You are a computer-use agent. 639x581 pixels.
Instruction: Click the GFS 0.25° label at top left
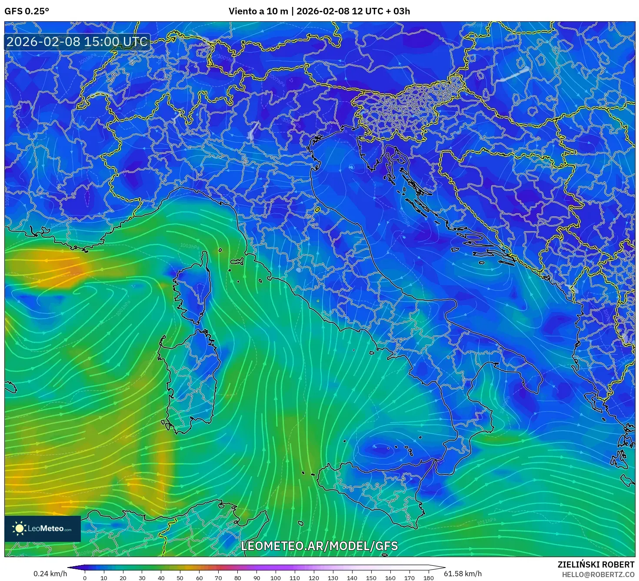pyautogui.click(x=27, y=11)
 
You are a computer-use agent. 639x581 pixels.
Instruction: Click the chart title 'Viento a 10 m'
pyautogui.click(x=258, y=11)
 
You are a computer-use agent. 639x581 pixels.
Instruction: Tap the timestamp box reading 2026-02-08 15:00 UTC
pyautogui.click(x=77, y=42)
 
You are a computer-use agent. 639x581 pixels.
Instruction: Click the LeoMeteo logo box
pyautogui.click(x=43, y=528)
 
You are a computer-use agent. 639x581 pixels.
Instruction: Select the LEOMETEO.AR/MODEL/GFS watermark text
pyautogui.click(x=319, y=546)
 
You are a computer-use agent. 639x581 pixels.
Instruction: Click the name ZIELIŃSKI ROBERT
pyautogui.click(x=596, y=564)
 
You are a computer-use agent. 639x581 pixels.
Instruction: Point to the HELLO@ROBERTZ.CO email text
pyautogui.click(x=598, y=574)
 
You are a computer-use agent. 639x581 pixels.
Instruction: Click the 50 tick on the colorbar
pyautogui.click(x=180, y=578)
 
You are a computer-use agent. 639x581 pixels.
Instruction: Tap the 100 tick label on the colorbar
pyautogui.click(x=276, y=578)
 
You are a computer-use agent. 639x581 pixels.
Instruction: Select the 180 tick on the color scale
pyautogui.click(x=429, y=578)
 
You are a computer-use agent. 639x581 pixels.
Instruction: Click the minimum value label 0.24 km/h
pyautogui.click(x=50, y=574)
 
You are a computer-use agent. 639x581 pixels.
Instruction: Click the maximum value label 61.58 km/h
pyautogui.click(x=463, y=574)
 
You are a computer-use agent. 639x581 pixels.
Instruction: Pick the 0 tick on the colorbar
pyautogui.click(x=85, y=578)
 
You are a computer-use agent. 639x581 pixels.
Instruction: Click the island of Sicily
pyautogui.click(x=374, y=491)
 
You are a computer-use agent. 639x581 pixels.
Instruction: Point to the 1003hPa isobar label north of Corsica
pyautogui.click(x=190, y=246)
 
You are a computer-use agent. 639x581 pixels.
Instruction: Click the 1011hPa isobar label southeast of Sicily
pyautogui.click(x=486, y=521)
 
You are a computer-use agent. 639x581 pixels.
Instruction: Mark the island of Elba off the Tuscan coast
pyautogui.click(x=237, y=262)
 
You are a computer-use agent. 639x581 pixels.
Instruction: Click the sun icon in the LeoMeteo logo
pyautogui.click(x=19, y=528)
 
